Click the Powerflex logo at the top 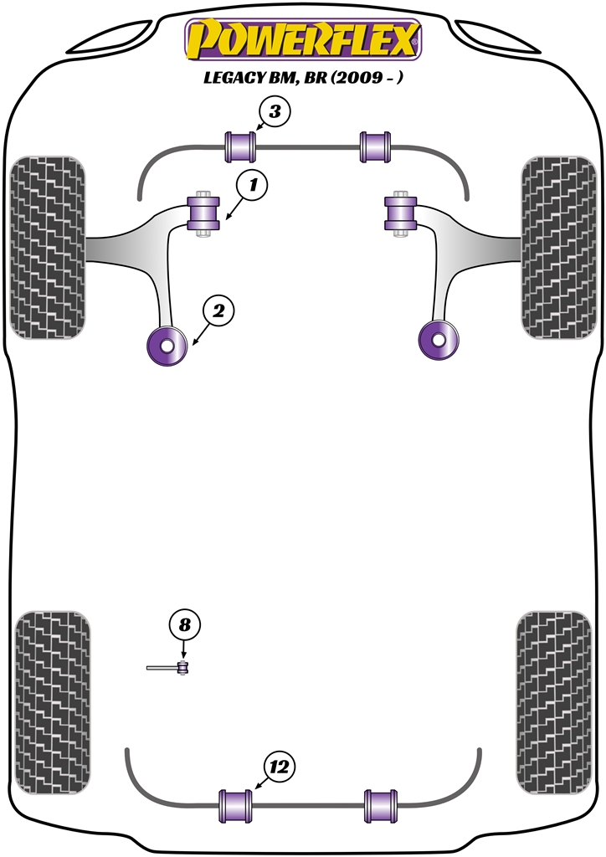point(302,39)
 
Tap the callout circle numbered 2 point(217,312)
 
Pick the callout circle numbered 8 point(185,624)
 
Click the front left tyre point(48,249)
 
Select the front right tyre point(557,249)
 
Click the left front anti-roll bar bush point(241,147)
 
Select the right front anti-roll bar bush point(375,147)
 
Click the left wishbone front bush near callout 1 point(203,214)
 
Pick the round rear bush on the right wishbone point(439,339)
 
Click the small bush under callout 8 point(184,667)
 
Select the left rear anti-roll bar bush point(235,806)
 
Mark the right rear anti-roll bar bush point(381,806)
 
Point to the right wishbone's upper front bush point(400,213)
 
